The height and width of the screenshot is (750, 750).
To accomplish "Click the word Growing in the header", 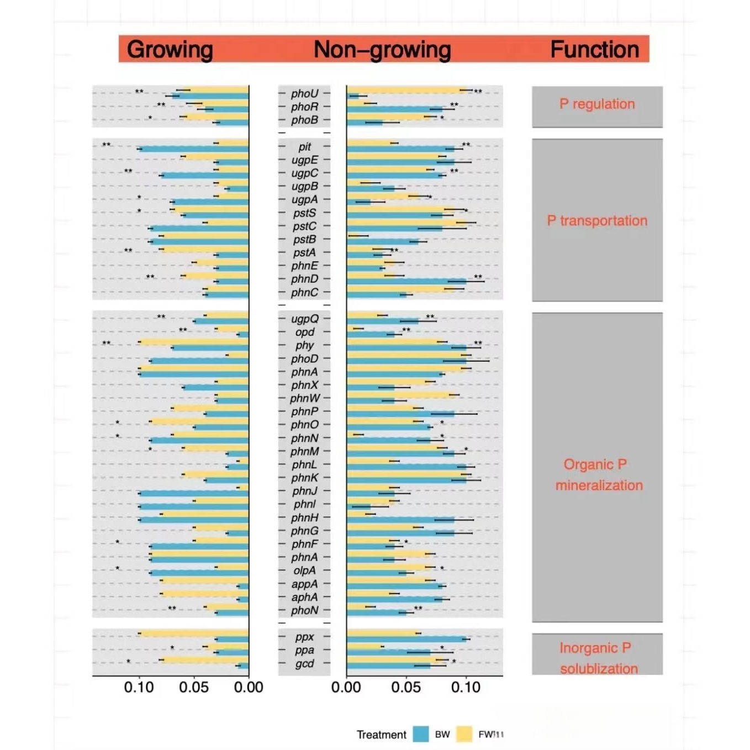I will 170,50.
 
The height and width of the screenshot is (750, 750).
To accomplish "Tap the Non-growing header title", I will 382,50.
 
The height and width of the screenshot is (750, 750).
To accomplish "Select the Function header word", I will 594,50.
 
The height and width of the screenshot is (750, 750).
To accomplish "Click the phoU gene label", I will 304,93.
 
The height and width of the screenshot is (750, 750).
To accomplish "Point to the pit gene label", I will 304,146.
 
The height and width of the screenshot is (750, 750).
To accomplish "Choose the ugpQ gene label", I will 304,319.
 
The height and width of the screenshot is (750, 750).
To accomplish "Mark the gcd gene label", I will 304,663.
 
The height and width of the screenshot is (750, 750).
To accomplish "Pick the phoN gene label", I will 304,610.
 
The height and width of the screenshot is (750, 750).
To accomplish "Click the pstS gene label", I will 304,213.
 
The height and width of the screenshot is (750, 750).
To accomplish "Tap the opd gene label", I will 304,332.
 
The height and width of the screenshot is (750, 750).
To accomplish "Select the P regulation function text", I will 597,104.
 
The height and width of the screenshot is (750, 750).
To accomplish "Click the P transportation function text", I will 597,220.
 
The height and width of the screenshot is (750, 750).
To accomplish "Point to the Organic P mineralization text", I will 598,474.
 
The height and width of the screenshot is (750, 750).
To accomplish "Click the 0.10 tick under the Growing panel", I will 139,687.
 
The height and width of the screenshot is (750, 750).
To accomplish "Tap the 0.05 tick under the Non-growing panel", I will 406,687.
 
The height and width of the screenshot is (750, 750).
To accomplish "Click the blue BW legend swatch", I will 421,734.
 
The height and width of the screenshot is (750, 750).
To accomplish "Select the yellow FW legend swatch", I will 464,734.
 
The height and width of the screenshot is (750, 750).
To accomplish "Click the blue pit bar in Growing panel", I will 193,149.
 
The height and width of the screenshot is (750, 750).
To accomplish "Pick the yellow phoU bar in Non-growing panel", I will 406,90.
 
